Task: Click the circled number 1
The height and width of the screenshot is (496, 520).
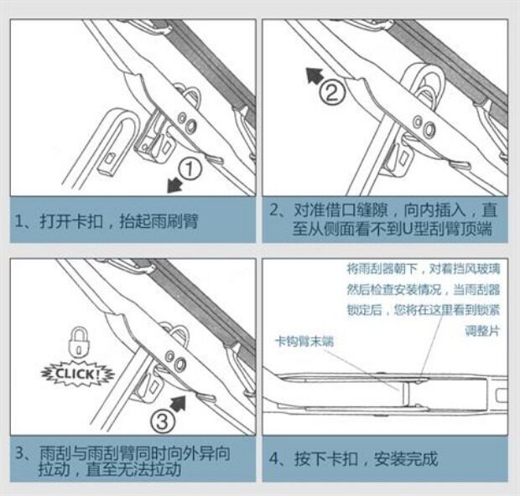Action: click(192, 169)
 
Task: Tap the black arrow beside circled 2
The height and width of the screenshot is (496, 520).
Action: click(314, 77)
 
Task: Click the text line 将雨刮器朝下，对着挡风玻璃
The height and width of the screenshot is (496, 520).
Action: click(423, 270)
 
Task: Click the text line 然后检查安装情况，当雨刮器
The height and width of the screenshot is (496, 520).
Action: click(423, 290)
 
